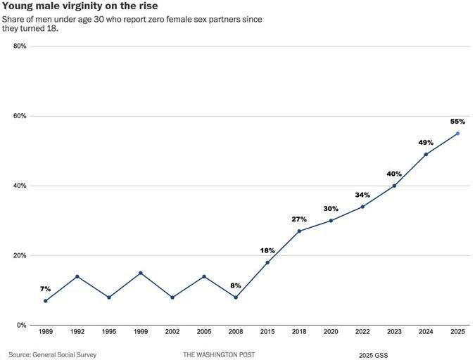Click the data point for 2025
coord(457,134)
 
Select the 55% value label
coord(457,122)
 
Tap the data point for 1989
coord(46,301)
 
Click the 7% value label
coord(46,289)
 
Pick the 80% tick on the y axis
coord(20,46)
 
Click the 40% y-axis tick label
coord(20,186)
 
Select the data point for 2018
coord(299,231)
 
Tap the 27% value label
coord(299,219)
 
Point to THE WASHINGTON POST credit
coord(220,354)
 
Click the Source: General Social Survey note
coord(53,354)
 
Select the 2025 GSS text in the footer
coord(373,354)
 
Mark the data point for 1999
coord(141,273)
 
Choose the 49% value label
coord(426,142)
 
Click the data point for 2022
coord(362,207)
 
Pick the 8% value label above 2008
coord(236,285)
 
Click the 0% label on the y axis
coord(22,326)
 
